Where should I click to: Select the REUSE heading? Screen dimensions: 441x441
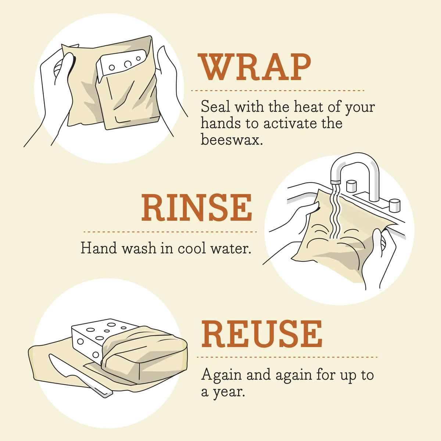tap(262, 334)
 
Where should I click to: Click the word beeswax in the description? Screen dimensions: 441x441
tap(232, 140)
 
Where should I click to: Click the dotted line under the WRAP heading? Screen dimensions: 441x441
tap(277, 90)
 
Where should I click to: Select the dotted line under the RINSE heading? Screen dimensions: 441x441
tap(170, 232)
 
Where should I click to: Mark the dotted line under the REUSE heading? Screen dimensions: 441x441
tap(287, 357)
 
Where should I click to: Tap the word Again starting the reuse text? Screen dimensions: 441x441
tap(222, 375)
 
